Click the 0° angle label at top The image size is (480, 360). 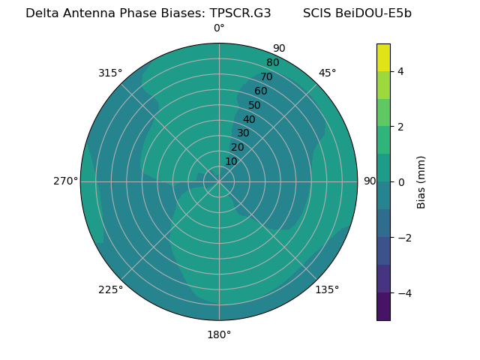[219, 28]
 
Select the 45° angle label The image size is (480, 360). [328, 73]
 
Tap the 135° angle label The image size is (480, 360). [327, 289]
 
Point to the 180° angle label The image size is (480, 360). [219, 334]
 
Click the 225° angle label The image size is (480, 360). [110, 289]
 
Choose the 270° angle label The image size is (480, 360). [65, 181]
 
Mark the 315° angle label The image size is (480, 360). [110, 73]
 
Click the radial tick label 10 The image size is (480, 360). [231, 161]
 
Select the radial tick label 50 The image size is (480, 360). [255, 105]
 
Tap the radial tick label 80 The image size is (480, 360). [272, 62]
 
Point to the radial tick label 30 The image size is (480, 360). [243, 133]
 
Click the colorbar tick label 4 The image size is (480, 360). [400, 71]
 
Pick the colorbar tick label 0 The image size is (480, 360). [400, 182]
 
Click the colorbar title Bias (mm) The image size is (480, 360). [421, 182]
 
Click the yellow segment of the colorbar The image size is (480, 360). [383, 57]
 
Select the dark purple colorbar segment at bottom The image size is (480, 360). [383, 307]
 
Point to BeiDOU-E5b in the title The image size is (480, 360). [374, 13]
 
